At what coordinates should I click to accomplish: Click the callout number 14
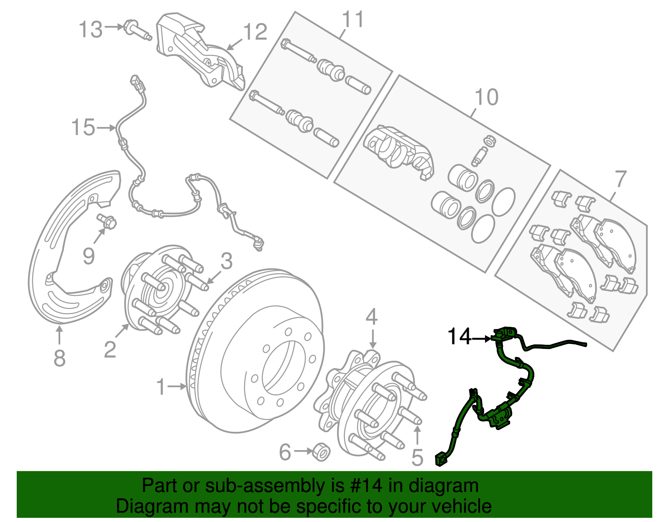coord(459,337)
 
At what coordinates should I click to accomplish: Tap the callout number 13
coord(91,30)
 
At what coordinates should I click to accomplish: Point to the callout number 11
coord(353,19)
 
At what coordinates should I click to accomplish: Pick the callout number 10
coord(486,97)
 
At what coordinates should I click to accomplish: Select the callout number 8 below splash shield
coord(59,358)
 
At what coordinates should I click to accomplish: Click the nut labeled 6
coord(321,452)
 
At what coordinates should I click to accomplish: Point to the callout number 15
coord(83,127)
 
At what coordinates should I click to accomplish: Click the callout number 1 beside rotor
coord(161,387)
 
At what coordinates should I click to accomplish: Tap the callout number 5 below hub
coord(417,457)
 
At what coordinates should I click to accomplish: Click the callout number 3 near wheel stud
coord(226,261)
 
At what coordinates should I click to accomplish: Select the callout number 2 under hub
coord(110,349)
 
